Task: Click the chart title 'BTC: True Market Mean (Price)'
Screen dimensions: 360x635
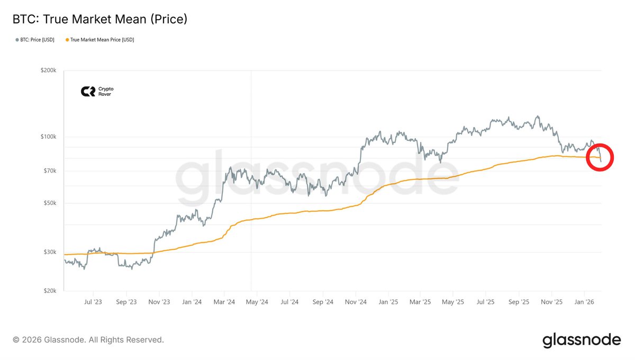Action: (100, 20)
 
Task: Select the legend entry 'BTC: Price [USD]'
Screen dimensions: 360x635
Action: (35, 40)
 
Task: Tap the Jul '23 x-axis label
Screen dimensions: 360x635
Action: (93, 302)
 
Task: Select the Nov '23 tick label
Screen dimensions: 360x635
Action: (159, 302)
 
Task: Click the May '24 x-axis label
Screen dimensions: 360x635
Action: (256, 302)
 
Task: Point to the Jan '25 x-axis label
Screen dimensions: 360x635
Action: (388, 302)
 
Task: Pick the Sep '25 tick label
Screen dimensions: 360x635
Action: (519, 302)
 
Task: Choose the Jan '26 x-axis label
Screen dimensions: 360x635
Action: (584, 302)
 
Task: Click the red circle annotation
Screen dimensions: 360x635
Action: (600, 157)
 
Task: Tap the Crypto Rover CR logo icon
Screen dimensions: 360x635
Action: (88, 92)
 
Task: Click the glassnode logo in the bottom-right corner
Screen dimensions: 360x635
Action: (582, 340)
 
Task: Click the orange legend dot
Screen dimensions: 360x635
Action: (67, 40)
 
